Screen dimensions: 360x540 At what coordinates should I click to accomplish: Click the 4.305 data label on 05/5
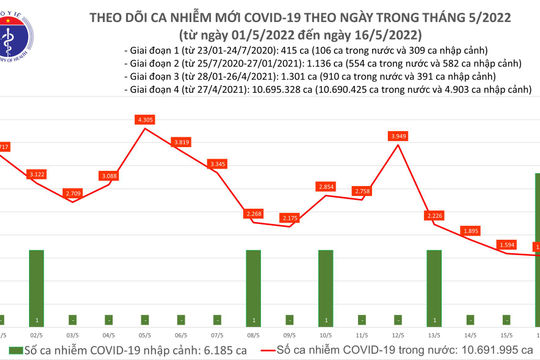click(146, 120)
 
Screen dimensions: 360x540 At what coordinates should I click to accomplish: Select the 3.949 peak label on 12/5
click(399, 137)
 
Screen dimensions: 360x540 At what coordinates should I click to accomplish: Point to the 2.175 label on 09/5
click(290, 218)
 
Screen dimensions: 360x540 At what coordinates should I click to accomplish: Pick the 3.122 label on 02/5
click(37, 175)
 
